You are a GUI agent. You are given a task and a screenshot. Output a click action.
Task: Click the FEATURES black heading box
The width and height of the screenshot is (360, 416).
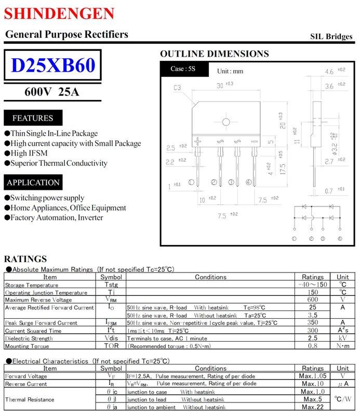click(33, 118)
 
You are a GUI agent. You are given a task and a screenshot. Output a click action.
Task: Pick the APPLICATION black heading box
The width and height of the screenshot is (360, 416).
click(33, 183)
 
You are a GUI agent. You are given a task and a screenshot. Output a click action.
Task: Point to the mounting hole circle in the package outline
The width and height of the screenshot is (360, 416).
click(226, 122)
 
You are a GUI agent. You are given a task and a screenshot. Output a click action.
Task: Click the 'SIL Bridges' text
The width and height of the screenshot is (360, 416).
click(331, 36)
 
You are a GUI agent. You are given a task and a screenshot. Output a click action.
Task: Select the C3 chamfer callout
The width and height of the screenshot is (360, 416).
click(177, 88)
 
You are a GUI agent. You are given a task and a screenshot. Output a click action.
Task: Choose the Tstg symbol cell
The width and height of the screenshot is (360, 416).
click(111, 284)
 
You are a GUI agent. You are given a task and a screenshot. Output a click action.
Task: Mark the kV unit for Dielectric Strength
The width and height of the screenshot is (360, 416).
click(343, 338)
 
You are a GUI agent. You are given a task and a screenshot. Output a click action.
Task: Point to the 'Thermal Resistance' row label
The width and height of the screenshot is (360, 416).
click(30, 399)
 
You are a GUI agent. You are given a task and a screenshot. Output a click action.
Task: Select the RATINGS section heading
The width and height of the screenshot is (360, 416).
click(25, 259)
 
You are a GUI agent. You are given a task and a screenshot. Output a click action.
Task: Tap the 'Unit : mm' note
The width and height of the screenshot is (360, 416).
click(230, 71)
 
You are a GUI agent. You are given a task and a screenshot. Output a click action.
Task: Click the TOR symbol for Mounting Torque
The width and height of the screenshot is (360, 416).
click(111, 346)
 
